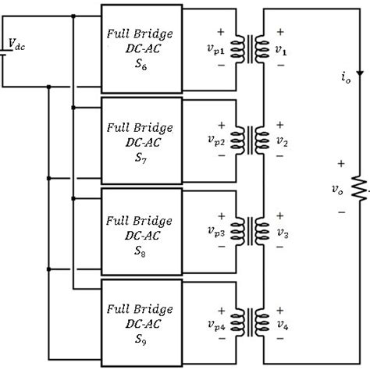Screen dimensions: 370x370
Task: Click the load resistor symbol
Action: [361, 187]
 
